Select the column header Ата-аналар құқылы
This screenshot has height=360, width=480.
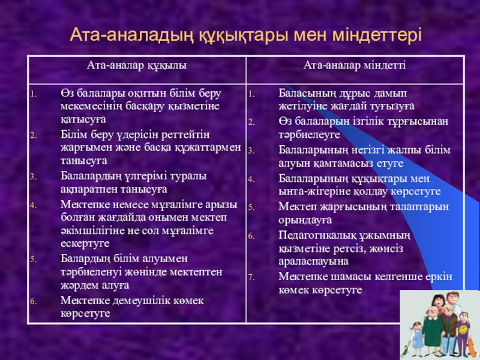pyautogui.click(x=137, y=65)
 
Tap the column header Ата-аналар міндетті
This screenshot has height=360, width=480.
pyautogui.click(x=355, y=65)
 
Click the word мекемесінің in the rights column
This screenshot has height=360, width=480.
pyautogui.click(x=91, y=106)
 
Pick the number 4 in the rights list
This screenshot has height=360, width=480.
pyautogui.click(x=33, y=205)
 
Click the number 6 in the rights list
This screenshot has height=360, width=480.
pyautogui.click(x=33, y=302)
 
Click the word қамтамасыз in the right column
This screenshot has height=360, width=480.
pyautogui.click(x=346, y=163)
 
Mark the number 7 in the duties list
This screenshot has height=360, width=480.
pyautogui.click(x=251, y=278)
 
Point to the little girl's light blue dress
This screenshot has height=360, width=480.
pyautogui.click(x=416, y=339)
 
